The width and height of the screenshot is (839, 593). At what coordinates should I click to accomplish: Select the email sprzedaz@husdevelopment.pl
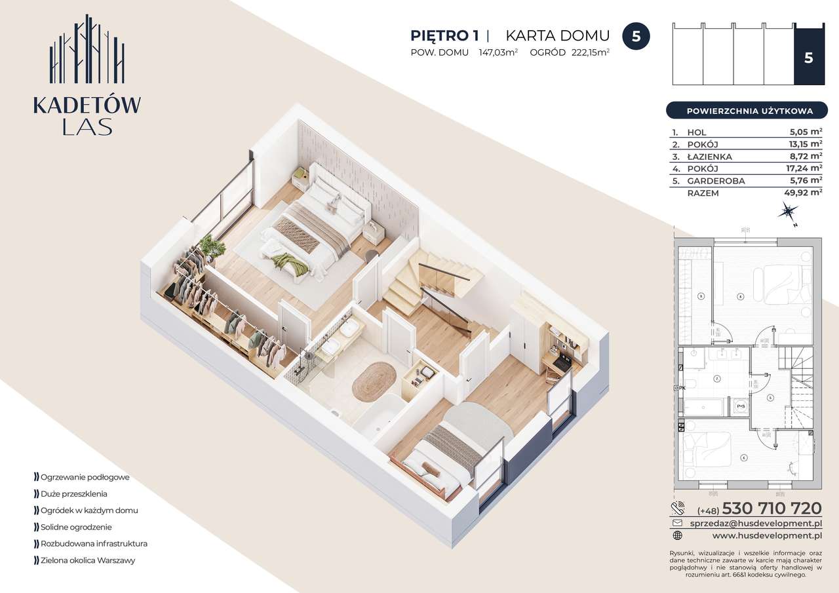(756, 524)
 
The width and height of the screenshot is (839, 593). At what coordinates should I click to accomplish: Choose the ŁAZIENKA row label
(709, 157)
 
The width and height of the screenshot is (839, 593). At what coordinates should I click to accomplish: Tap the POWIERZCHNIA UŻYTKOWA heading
(749, 111)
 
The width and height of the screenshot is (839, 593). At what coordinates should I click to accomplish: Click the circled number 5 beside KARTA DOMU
(635, 36)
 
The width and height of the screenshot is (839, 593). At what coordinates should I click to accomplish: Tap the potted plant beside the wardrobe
(211, 248)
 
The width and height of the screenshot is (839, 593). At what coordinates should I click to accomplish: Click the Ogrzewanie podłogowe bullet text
(85, 477)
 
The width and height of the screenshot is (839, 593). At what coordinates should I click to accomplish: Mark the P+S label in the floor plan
(741, 406)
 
